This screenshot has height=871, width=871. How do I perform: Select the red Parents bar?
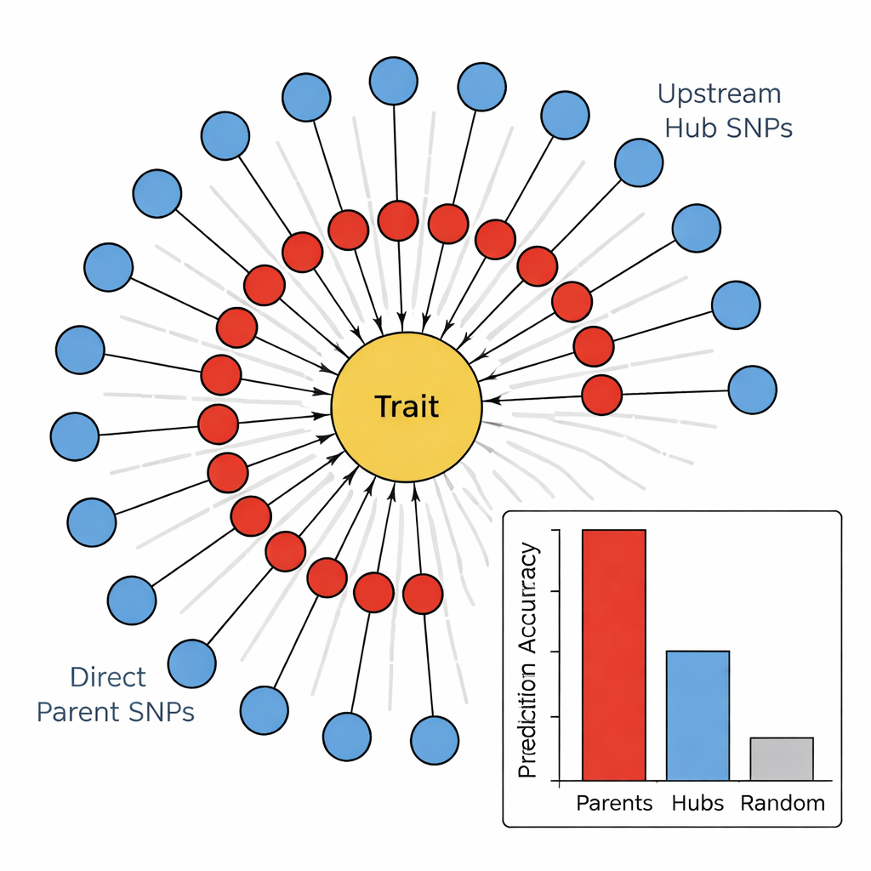point(613,654)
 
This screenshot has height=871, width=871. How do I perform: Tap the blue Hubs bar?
point(697,715)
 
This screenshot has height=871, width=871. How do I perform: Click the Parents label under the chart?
point(614,803)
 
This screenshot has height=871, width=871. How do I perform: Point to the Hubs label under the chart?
point(697,803)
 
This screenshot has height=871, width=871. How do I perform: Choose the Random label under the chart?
point(783,803)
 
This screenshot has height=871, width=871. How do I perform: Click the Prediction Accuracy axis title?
point(529,661)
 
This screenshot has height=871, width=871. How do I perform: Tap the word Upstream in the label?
point(720,94)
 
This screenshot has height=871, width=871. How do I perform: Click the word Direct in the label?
point(108,677)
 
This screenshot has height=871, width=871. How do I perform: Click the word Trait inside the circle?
point(407,407)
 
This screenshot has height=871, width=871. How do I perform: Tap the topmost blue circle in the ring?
point(394,82)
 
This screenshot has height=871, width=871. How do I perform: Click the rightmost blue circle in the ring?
point(753,390)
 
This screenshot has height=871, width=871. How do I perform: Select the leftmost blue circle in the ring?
point(75,436)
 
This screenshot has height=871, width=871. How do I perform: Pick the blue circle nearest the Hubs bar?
point(435,740)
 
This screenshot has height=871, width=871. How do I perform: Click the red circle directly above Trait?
point(398,220)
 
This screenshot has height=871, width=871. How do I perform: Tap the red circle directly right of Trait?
point(602,395)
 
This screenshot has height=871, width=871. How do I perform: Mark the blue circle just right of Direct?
point(192,663)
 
